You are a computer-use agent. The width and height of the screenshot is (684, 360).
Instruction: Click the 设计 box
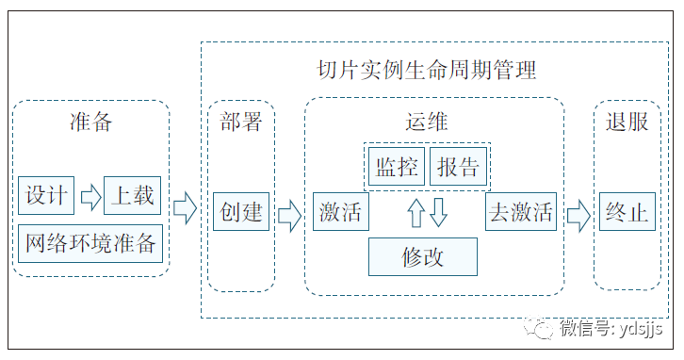[46, 196]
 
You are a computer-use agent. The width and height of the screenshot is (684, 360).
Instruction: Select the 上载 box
[133, 196]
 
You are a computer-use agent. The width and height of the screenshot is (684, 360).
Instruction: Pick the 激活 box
[340, 212]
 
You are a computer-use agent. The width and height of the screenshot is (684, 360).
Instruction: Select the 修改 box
[422, 256]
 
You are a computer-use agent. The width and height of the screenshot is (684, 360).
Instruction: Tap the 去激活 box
[521, 212]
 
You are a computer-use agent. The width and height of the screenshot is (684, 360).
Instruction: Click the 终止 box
[627, 212]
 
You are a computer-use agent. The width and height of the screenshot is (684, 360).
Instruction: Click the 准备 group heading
[91, 123]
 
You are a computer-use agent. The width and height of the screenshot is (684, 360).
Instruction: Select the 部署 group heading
[241, 123]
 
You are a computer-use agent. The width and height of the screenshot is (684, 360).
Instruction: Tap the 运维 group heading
[420, 123]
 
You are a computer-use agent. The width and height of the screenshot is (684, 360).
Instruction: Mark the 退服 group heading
[627, 123]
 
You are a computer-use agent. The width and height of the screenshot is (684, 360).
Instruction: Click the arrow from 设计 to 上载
[90, 196]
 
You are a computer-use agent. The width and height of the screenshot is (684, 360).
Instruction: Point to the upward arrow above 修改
[415, 213]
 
